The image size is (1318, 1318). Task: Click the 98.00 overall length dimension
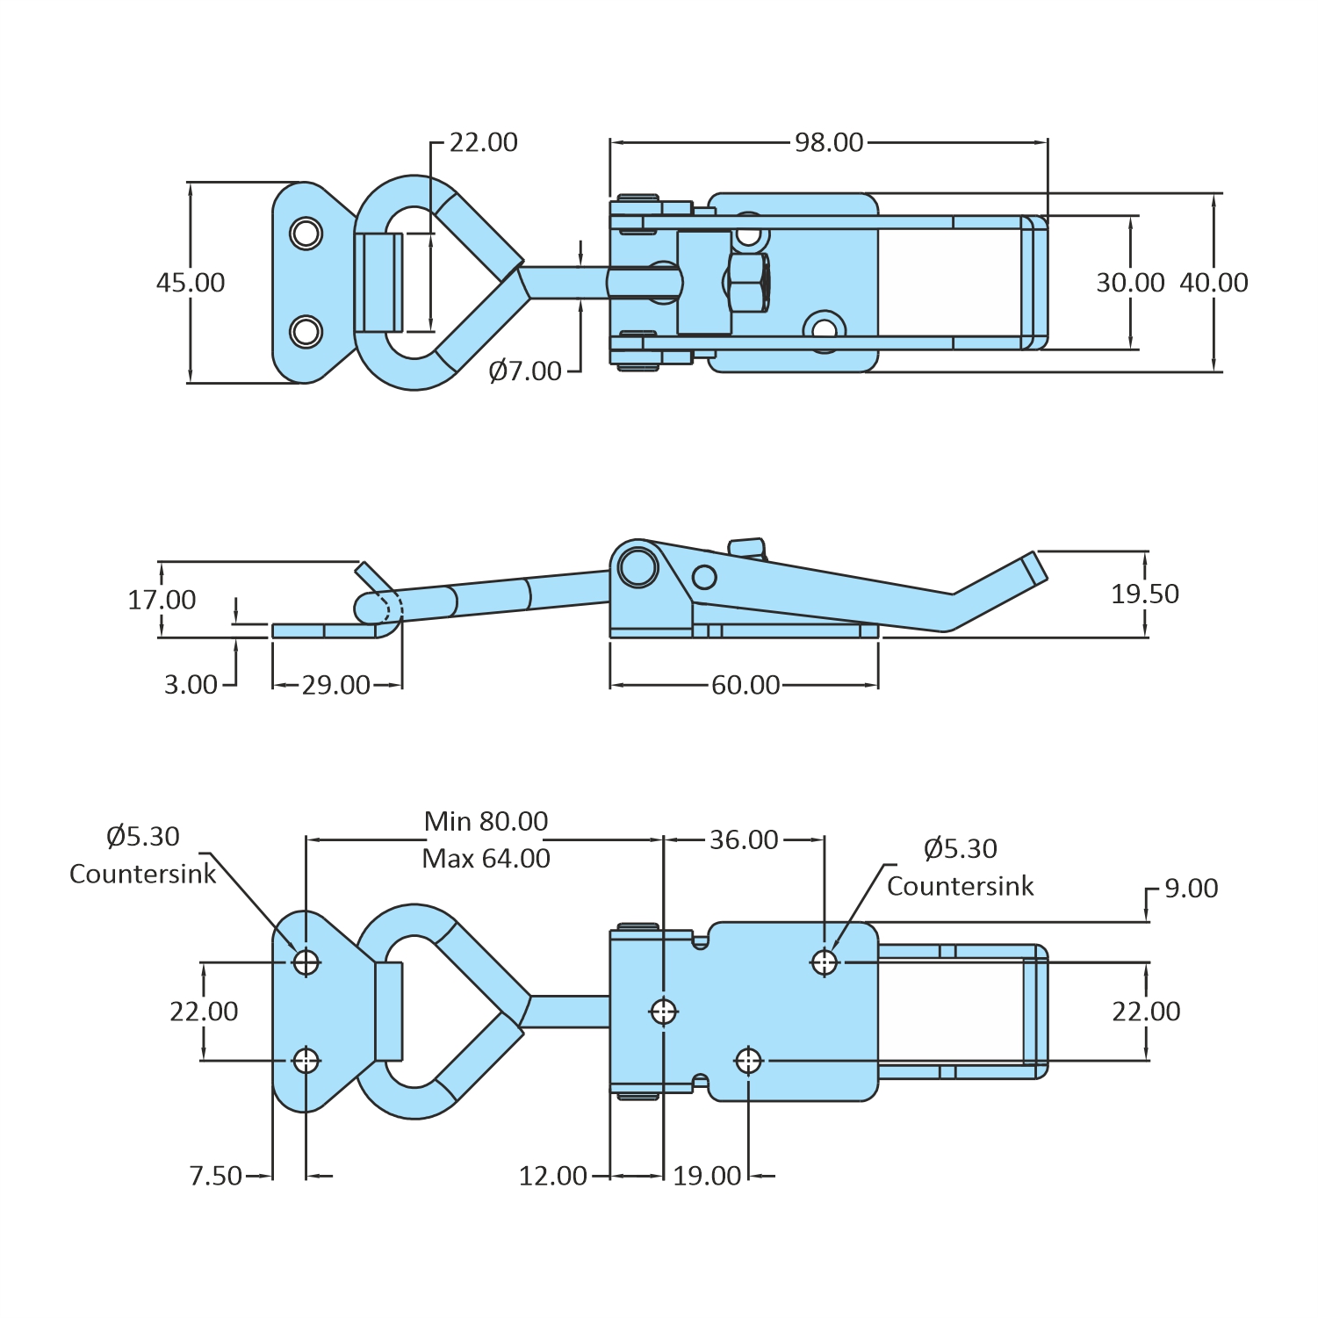pos(828,142)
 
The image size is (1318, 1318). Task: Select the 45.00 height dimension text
pos(191,283)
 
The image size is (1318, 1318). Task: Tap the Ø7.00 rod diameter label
pos(525,371)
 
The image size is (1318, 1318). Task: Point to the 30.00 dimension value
pos(1130,283)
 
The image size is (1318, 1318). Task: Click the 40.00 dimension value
pos(1214,283)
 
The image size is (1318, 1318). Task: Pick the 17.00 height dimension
pos(162,601)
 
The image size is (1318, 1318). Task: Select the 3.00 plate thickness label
pos(191,685)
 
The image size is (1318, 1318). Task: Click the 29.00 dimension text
pos(336,685)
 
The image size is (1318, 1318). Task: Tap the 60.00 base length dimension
pos(745,685)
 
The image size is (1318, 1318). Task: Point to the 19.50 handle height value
pos(1145,594)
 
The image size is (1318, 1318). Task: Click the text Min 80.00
pos(486,822)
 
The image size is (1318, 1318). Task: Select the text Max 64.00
pos(486,859)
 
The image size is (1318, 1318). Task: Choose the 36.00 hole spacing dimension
pos(744,840)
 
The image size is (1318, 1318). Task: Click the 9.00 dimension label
pos(1191,889)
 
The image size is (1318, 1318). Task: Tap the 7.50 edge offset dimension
pos(215,1176)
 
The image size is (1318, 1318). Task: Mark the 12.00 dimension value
pos(552,1176)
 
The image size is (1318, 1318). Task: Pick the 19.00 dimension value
pos(707,1176)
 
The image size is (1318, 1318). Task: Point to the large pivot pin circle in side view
pos(637,566)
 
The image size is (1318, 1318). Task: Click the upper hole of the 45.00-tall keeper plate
pos(306,234)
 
